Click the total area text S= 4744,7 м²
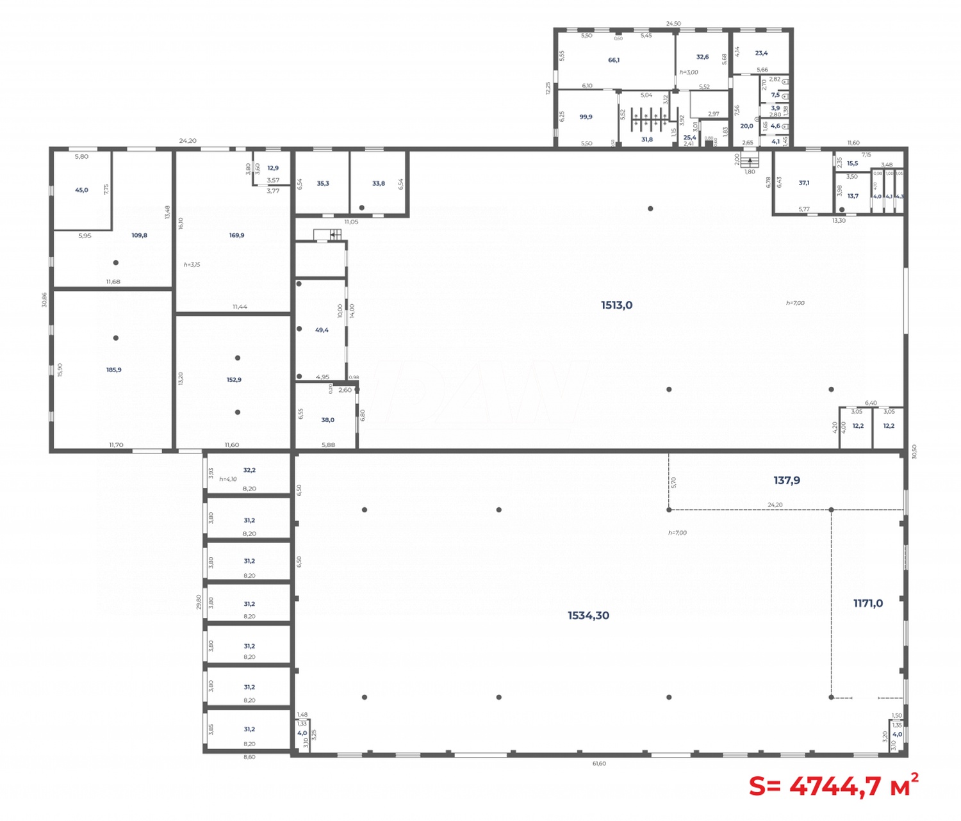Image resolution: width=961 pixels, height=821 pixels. (x=834, y=785)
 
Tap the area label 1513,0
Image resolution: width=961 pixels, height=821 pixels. (x=616, y=305)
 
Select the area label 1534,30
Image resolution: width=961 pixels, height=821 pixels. (x=588, y=615)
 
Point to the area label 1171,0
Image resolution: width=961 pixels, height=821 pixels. (x=867, y=603)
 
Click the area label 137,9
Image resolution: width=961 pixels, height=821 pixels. (x=786, y=480)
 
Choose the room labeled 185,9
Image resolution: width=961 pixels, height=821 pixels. (x=113, y=370)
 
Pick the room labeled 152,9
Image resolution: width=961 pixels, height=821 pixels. (x=234, y=380)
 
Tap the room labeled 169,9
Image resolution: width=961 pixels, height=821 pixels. (x=236, y=236)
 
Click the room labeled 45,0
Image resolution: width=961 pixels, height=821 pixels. (x=81, y=190)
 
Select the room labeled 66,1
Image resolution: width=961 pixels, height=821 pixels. (x=614, y=60)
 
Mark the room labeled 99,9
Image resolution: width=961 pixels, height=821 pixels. (x=586, y=117)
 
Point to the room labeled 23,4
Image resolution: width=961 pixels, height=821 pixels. (x=761, y=53)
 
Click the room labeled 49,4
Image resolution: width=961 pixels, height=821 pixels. (x=322, y=330)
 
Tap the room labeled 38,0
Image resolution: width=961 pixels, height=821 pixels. (x=327, y=420)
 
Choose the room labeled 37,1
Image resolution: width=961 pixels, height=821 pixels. (x=803, y=183)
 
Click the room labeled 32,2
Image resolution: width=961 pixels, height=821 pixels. (x=249, y=470)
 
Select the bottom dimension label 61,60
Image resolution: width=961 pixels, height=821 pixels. (x=599, y=763)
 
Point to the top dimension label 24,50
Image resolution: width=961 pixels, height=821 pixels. (x=673, y=24)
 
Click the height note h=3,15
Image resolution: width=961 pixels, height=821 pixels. (x=192, y=264)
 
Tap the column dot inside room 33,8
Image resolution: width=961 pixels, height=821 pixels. (x=361, y=207)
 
